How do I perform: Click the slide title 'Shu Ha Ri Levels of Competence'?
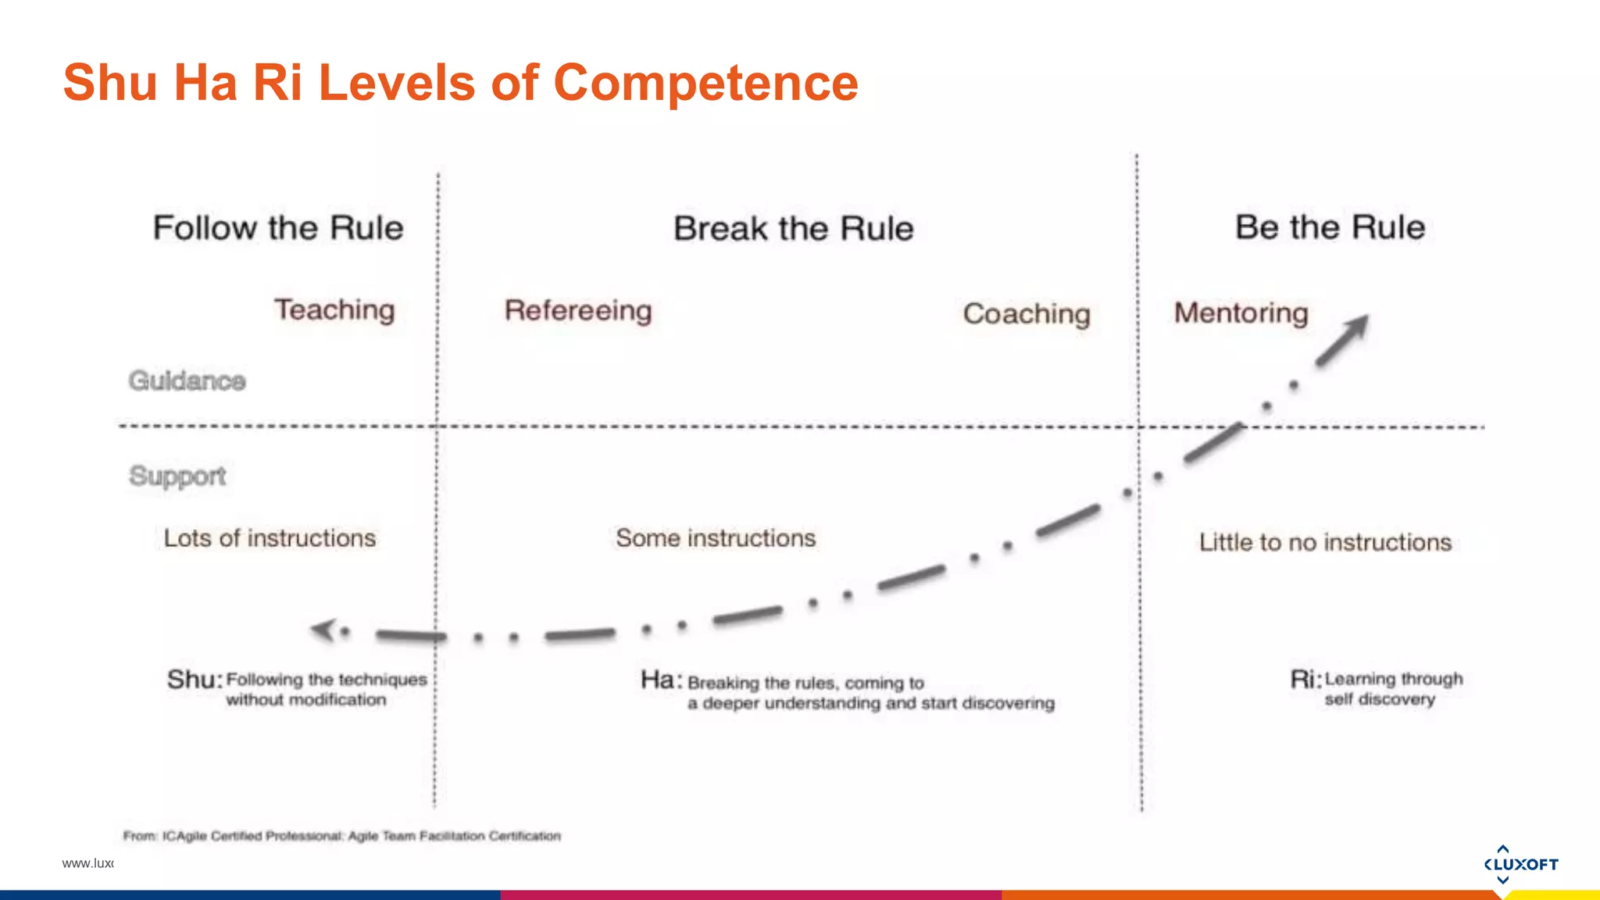tap(461, 83)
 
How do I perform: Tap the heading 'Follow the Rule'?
tap(278, 228)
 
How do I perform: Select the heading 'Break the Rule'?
tap(793, 229)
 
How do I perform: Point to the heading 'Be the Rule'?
tap(1330, 227)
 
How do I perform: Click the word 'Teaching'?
tap(334, 310)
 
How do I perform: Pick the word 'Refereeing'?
tap(578, 311)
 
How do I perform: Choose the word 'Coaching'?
tap(1027, 314)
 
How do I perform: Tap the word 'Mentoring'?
tap(1241, 313)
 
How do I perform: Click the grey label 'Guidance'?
tap(187, 381)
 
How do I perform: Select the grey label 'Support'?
tap(177, 476)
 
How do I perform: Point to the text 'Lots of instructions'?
tap(270, 538)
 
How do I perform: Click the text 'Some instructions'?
tap(716, 538)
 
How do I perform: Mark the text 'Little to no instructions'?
tap(1325, 542)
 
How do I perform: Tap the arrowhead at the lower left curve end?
tap(323, 629)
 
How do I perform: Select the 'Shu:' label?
tap(195, 680)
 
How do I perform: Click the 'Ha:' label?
tap(661, 680)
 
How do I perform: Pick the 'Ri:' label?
tap(1305, 680)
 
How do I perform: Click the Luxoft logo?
tap(1520, 864)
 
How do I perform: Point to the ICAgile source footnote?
tap(342, 836)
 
